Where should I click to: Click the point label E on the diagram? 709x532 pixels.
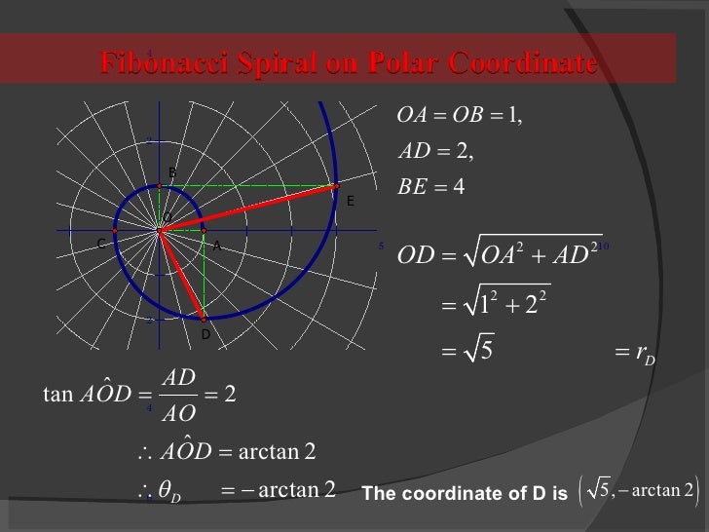(350, 202)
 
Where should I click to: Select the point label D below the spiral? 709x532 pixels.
(205, 334)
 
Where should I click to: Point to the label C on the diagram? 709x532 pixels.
(101, 245)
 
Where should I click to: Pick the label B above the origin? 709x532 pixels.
(172, 172)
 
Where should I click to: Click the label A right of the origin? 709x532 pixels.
(216, 247)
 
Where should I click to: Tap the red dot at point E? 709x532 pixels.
(337, 185)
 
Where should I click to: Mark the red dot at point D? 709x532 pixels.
(203, 318)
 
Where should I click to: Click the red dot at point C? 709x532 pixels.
(115, 231)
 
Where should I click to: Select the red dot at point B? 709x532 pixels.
(160, 185)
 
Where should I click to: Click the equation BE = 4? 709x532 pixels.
(432, 186)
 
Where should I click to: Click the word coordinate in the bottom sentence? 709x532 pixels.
(457, 494)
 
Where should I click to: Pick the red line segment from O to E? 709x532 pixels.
(248, 208)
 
